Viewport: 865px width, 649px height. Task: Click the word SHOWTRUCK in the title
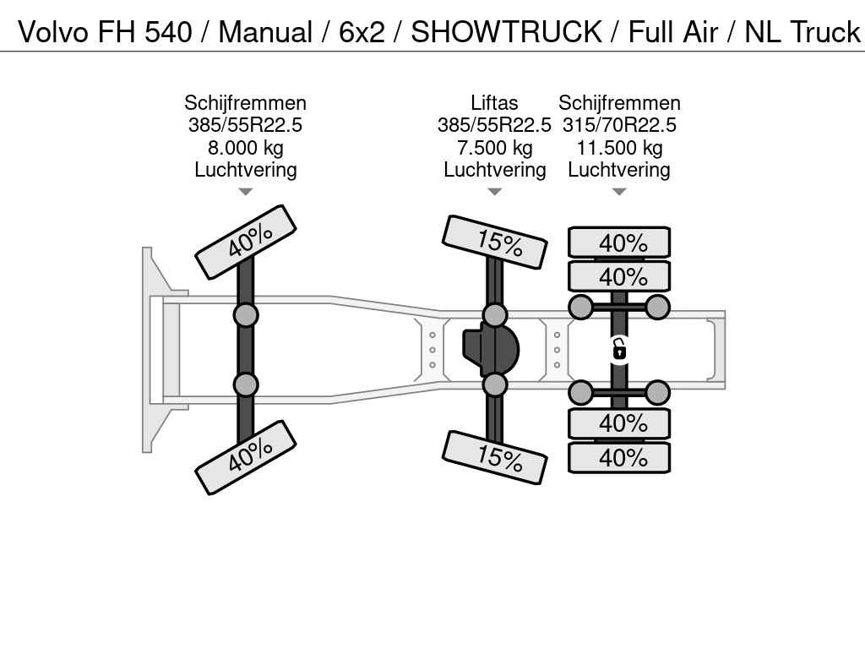tap(507, 31)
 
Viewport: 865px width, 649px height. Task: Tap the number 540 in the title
tap(168, 31)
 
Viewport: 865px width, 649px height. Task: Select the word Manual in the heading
tap(265, 31)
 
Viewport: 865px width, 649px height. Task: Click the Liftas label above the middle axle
tap(494, 102)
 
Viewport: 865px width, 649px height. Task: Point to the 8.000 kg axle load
tap(246, 147)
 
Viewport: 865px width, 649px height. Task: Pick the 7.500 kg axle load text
tap(494, 147)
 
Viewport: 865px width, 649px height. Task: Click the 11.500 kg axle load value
tap(619, 147)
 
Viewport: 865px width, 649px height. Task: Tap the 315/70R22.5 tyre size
tap(619, 125)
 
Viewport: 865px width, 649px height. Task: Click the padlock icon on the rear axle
tap(619, 350)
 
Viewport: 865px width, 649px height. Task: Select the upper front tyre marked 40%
tap(246, 242)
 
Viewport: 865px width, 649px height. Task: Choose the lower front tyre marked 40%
tap(246, 457)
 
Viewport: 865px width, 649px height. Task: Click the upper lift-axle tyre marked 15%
tap(495, 242)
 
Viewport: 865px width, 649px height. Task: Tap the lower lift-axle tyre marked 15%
tap(495, 457)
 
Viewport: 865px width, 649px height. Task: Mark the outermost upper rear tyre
tap(619, 243)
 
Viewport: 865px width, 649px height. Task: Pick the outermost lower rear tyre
tap(619, 457)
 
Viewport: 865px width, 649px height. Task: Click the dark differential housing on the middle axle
tap(491, 350)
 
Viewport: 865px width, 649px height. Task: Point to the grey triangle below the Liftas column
tap(495, 192)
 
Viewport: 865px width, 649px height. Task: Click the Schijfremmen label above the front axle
tap(246, 102)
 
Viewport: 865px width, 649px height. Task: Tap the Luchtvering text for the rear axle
tap(619, 169)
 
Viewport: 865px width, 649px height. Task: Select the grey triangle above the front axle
tap(246, 192)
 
